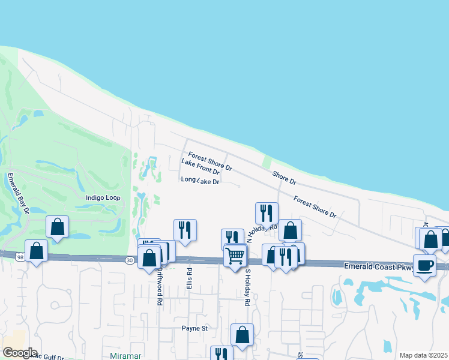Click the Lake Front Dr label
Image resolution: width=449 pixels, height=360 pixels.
pos(200,167)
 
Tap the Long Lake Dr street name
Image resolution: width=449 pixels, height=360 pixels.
pos(200,181)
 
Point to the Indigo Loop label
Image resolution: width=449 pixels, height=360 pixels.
pos(103,197)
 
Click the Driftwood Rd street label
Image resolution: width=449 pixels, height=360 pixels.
pos(160,287)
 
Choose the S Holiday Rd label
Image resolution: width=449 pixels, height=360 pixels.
pos(246,287)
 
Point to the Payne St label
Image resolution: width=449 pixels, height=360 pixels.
pos(194,328)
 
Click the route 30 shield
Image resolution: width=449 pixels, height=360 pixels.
pos(130,260)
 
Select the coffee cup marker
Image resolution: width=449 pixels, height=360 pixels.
pos(424,265)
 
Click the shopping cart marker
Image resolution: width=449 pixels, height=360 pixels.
pos(235,256)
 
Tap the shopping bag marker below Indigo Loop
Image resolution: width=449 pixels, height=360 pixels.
pos(57,227)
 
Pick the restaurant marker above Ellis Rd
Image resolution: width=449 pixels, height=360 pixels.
pos(185,230)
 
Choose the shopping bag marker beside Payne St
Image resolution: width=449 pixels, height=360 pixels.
pos(242,335)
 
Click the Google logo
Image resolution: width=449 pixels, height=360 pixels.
pos(20,353)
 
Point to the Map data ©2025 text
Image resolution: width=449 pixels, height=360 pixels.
pos(423,355)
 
